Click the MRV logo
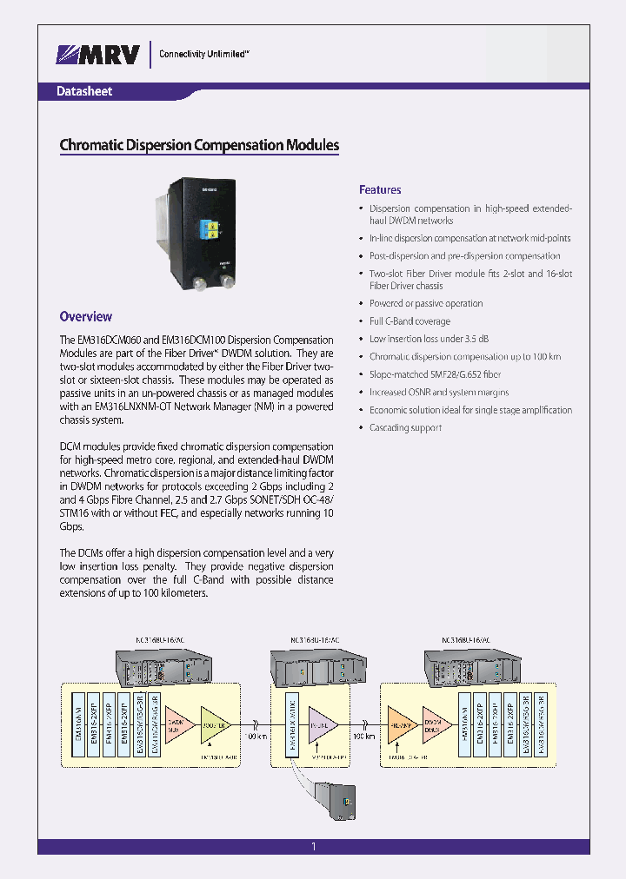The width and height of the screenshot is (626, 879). coord(98,55)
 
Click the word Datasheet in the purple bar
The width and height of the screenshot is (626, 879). coord(84,91)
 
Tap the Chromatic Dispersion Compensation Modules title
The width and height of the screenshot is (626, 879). coord(198,145)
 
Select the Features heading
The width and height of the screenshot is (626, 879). coord(380,189)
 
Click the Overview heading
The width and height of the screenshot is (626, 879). coord(85,317)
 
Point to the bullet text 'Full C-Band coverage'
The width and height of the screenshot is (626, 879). coord(410,321)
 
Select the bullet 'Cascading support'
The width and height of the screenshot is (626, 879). coord(405,427)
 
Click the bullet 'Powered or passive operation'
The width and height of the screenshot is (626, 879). coord(426,303)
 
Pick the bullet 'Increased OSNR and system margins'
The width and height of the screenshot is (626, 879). coord(439,392)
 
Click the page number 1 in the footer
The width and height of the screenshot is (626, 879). coord(313,847)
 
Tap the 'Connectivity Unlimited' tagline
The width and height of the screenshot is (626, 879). coord(204,54)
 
